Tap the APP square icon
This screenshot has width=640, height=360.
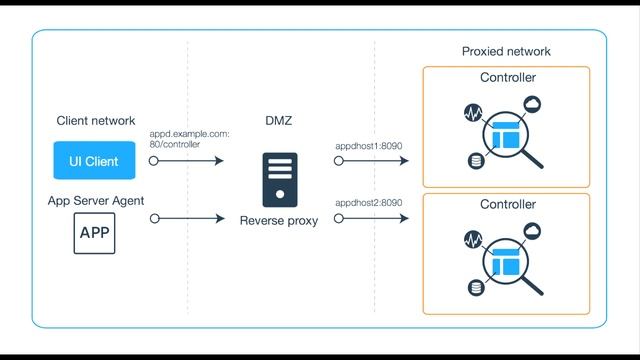coord(95,233)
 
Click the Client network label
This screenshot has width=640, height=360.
coord(95,121)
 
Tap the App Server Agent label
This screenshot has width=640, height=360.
coord(96,201)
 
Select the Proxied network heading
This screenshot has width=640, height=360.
coord(506,52)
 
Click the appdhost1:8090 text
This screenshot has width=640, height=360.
coord(369,144)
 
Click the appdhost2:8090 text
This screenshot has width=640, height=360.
coord(369,203)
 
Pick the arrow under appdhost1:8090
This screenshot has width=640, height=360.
coord(373,160)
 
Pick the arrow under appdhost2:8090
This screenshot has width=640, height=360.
coord(373,218)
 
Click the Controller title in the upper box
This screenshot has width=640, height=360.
coord(508,78)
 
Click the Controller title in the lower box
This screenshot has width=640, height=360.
coord(508,205)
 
